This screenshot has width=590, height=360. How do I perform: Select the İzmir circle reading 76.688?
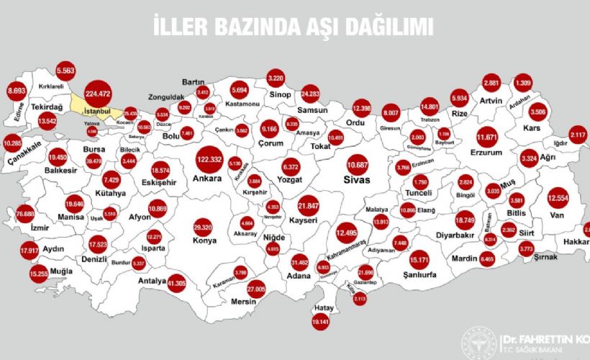pos(25,214)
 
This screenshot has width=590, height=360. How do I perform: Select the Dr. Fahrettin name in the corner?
pos(547,336)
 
